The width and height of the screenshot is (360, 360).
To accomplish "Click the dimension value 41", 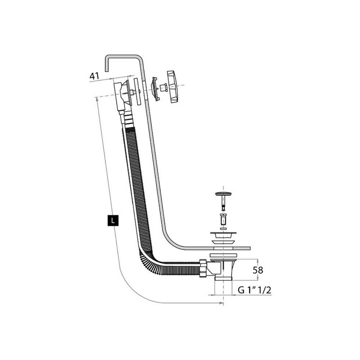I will click(94, 76).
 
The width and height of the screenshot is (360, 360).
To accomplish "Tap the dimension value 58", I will click(258, 270).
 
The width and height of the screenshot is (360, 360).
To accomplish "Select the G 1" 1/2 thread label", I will click(255, 291).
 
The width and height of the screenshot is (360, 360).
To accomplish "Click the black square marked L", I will click(113, 220).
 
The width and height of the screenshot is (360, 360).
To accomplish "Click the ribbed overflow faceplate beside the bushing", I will click(155, 89).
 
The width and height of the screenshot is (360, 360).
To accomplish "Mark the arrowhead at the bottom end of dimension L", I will click(220, 303).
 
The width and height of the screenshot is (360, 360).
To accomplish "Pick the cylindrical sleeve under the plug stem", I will click(223, 219).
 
